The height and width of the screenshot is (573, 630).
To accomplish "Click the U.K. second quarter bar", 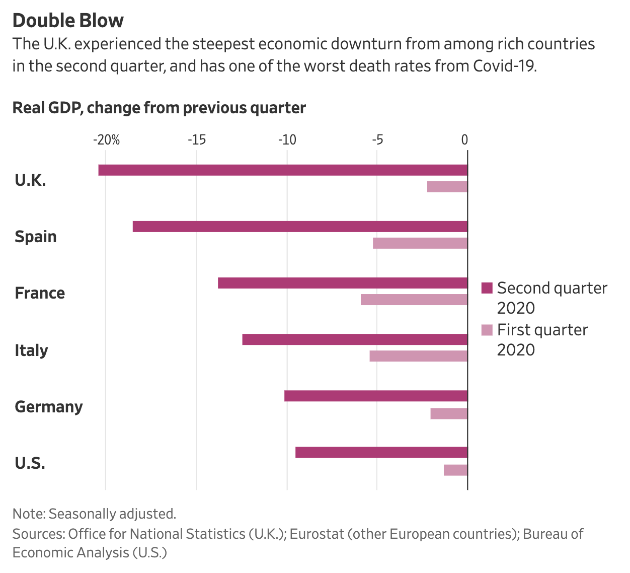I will coord(283,170).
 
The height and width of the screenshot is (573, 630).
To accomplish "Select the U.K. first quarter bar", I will coord(447,187).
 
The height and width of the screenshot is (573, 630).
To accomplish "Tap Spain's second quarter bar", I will coord(300,227).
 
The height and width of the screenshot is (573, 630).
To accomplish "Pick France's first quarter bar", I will coord(414,300).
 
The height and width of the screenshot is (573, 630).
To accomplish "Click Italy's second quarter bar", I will coord(355,339).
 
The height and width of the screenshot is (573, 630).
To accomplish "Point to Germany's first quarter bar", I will coord(449,414).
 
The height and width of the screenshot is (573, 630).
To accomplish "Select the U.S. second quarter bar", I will coord(381,452).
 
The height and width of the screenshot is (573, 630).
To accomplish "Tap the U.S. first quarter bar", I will coord(455,470).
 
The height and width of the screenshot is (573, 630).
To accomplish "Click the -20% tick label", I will coord(106,139).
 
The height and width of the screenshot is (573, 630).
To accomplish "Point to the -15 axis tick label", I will coord(197,139).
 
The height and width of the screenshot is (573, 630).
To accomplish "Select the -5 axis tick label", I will coord(377,139).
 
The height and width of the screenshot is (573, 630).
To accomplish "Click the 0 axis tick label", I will coord(465,139).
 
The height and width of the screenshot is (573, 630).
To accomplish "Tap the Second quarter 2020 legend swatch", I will coord(487,288).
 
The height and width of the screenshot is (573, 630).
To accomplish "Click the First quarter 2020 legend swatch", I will coord(487,330).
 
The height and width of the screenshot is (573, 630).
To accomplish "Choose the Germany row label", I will coord(49,406).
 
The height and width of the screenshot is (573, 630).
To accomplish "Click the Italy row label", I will coord(31,350).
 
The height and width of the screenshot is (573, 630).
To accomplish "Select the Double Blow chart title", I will coord(68,21).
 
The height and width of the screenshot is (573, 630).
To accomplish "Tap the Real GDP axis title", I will coord(159,108).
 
